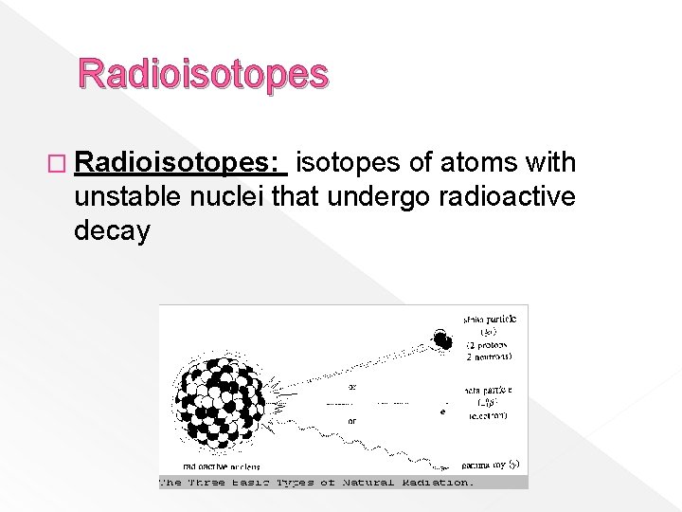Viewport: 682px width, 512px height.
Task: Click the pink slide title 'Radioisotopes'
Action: (x=204, y=74)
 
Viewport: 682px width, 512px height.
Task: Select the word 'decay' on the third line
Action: (x=112, y=231)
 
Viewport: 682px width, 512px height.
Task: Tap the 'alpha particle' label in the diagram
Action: (x=491, y=323)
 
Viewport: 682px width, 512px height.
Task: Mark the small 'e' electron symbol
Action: (x=443, y=411)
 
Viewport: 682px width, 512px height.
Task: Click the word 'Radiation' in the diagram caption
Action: (x=438, y=483)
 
